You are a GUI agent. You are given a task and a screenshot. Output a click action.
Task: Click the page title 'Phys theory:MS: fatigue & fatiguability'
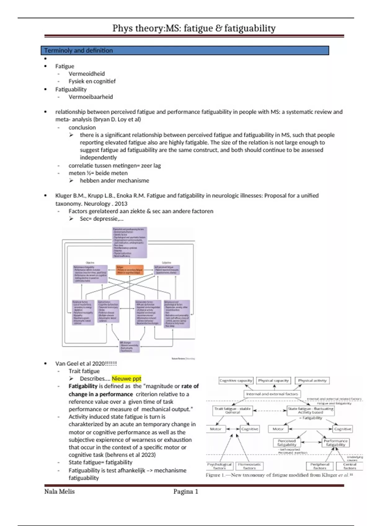click(194, 28)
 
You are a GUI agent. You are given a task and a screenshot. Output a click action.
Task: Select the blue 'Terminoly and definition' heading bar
click(185, 50)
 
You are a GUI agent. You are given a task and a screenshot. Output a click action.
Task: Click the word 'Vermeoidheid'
click(86, 74)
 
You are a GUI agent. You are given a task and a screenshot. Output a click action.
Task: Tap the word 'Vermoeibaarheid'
click(91, 97)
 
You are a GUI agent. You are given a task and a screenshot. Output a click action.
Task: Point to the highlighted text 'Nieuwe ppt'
click(126, 378)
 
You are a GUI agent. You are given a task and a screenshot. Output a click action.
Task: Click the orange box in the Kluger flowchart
click(130, 270)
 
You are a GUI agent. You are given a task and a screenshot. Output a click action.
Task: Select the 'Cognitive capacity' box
click(236, 381)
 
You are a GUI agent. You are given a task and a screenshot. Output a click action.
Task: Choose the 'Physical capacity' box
click(273, 381)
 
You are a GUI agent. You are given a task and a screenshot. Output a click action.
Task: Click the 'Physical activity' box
click(312, 381)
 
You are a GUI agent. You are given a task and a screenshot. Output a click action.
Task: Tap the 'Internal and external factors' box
click(272, 394)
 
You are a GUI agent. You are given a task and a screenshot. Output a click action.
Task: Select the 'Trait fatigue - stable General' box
click(232, 410)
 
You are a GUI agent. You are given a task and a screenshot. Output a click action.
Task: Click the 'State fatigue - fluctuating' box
click(310, 410)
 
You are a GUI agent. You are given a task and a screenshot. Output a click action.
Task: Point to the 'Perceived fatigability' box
click(287, 443)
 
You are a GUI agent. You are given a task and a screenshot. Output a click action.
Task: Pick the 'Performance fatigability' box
click(336, 443)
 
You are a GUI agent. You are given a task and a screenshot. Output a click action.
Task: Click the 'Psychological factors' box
click(219, 466)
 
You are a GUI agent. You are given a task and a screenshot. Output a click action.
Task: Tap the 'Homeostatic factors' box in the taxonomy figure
click(250, 466)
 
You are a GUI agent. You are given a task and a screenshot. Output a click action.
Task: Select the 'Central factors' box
click(350, 466)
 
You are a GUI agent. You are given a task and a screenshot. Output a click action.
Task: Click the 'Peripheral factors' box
click(320, 466)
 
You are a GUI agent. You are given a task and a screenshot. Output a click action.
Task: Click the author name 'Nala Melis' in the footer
click(60, 491)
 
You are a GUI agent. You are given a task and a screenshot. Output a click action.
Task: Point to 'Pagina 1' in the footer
click(186, 491)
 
